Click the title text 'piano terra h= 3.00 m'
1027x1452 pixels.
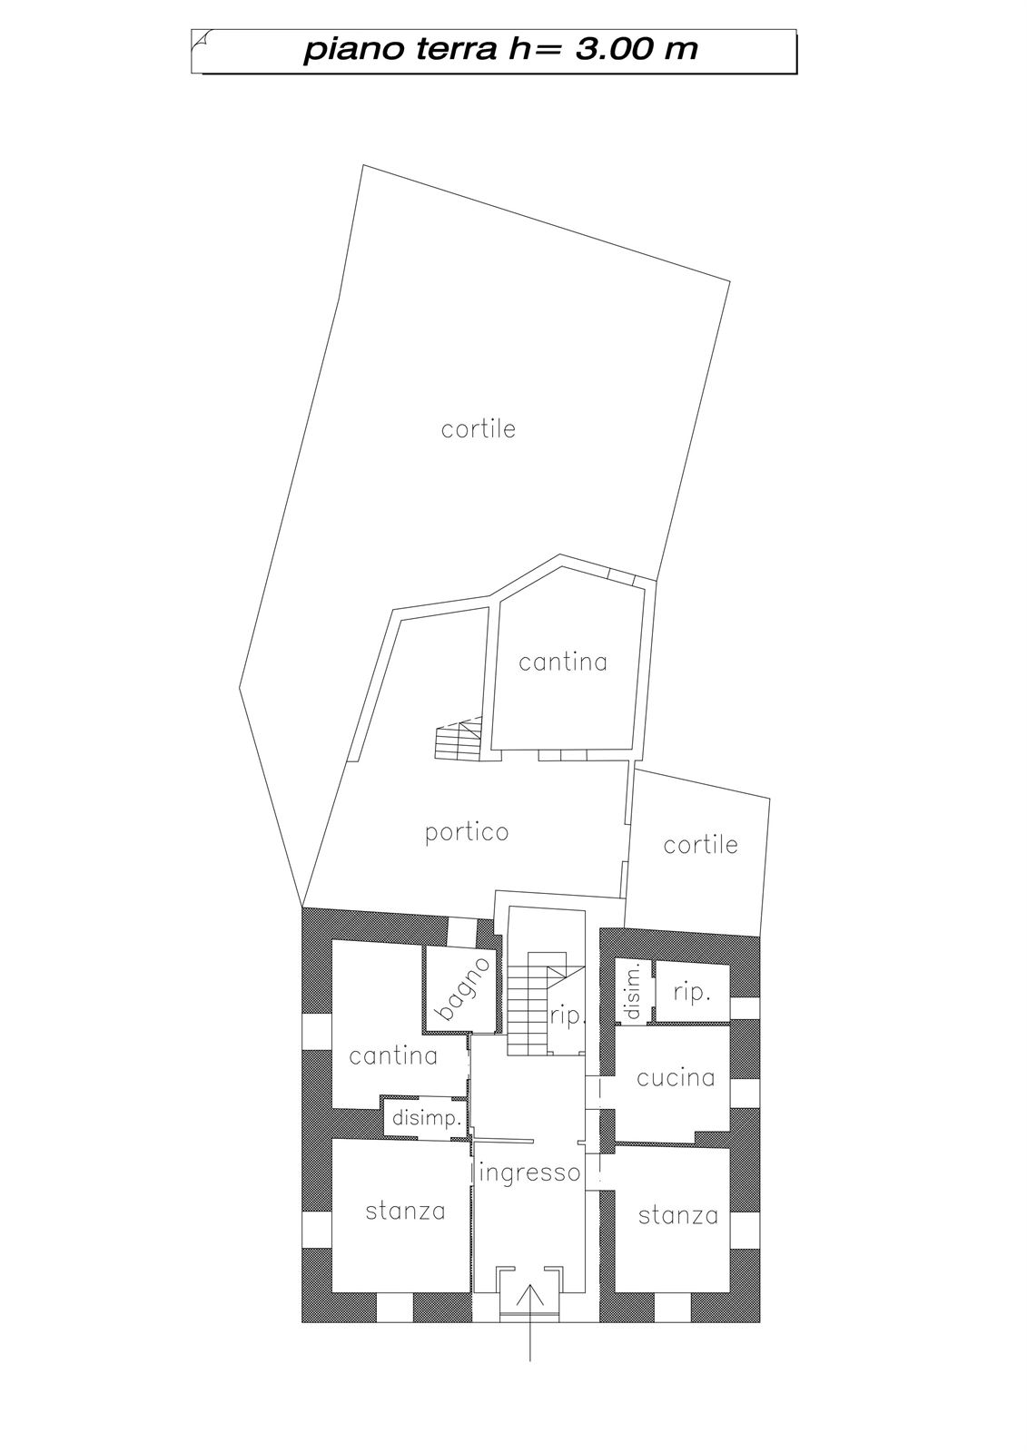point(500,51)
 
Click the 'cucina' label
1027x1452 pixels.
point(676,1078)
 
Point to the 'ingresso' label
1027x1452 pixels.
point(528,1172)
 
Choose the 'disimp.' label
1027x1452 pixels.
point(427,1118)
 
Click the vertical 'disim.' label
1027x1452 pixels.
point(634,989)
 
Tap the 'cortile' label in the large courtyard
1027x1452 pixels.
point(479,428)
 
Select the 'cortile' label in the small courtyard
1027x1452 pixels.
point(701,844)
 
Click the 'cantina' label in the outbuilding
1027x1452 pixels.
point(562,662)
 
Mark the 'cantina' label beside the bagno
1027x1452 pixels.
point(393,1056)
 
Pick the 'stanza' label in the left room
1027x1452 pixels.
point(406,1211)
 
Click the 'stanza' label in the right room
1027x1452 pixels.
point(678,1215)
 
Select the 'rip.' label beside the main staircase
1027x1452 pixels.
point(568,1016)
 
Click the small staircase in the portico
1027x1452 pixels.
point(459,739)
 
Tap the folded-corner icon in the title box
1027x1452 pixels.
point(199,41)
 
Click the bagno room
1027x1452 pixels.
point(462,989)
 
